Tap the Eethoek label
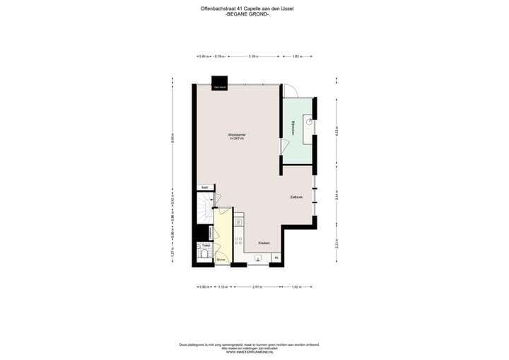tap(296, 197)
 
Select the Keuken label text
tap(263, 243)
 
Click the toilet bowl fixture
tap(205, 256)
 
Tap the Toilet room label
tap(206, 246)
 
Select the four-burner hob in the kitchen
tap(239, 240)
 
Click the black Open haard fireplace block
tap(220, 82)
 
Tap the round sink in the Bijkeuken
tap(309, 122)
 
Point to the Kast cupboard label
tap(204, 187)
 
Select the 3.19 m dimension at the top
tap(253, 56)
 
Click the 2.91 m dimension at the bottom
tap(257, 286)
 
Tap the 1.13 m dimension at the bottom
tap(221, 286)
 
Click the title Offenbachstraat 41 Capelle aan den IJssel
tap(254, 9)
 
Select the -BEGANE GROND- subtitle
tap(254, 15)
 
